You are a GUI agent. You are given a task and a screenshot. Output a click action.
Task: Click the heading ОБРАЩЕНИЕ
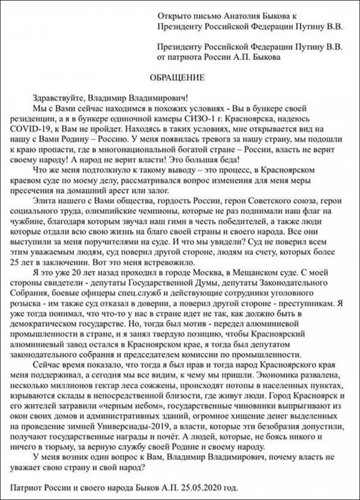point(177,77)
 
